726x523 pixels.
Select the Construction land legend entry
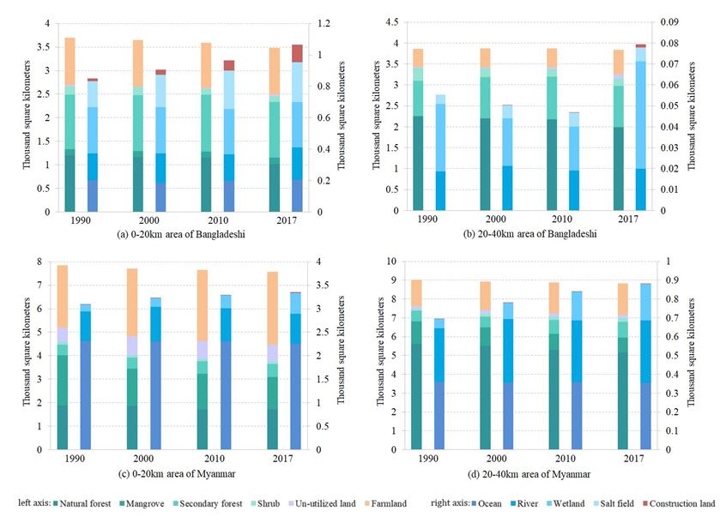pos(680,504)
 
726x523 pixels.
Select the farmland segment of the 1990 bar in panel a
pos(70,61)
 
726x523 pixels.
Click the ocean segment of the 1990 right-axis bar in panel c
pos(85,394)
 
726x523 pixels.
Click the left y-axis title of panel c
pos(27,356)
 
